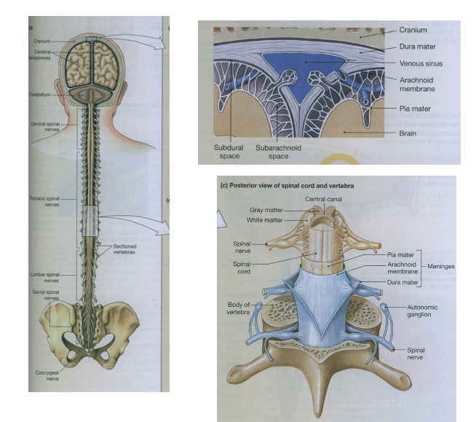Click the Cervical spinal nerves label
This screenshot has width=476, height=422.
pyautogui.click(x=41, y=127)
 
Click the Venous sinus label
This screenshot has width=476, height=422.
pyautogui.click(x=421, y=63)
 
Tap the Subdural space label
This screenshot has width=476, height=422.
pyautogui.click(x=228, y=151)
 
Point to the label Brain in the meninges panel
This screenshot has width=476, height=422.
pyautogui.click(x=408, y=134)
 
